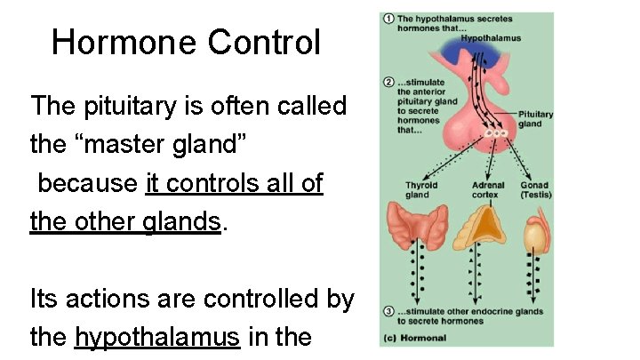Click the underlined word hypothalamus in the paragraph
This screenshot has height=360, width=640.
pyautogui.click(x=158, y=337)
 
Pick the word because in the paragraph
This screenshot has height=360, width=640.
pyautogui.click(x=86, y=183)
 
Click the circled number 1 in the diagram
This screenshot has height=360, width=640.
pyautogui.click(x=388, y=19)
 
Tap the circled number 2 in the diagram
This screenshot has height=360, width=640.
pyautogui.click(x=388, y=82)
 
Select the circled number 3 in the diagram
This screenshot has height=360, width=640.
pyautogui.click(x=388, y=311)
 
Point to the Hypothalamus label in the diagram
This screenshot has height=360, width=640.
pyautogui.click(x=491, y=38)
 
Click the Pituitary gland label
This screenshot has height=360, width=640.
pyautogui.click(x=535, y=119)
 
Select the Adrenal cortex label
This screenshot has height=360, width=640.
pyautogui.click(x=484, y=190)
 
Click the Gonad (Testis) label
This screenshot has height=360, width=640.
pyautogui.click(x=535, y=190)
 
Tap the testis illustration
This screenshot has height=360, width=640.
pyautogui.click(x=533, y=233)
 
